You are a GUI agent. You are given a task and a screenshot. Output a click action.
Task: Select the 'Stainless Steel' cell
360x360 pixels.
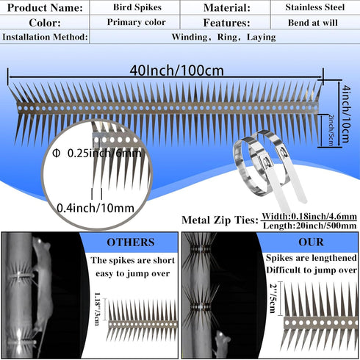315,7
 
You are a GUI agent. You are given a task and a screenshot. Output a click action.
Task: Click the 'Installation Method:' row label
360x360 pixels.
45,37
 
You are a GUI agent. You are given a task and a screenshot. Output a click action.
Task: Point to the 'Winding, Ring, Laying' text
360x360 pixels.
223,37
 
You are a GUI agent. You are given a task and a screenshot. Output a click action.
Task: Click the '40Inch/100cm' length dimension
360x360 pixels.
176,71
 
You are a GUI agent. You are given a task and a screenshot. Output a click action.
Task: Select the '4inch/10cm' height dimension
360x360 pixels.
345,114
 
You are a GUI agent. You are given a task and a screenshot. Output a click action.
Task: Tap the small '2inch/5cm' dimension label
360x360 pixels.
331,130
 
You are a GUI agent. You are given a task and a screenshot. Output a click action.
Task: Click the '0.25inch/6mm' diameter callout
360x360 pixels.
97,154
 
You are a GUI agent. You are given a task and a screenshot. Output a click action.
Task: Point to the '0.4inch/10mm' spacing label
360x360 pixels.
96,208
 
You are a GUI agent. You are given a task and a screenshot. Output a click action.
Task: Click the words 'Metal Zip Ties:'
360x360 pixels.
220,220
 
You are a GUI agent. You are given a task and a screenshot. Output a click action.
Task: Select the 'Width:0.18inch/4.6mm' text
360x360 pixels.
309,216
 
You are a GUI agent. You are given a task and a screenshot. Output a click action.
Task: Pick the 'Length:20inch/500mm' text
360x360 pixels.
309,226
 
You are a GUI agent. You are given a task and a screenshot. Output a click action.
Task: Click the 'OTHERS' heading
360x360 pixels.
131,242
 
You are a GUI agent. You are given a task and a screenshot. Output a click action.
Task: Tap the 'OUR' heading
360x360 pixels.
311,242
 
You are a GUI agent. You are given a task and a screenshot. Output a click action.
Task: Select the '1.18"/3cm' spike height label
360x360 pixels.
97,309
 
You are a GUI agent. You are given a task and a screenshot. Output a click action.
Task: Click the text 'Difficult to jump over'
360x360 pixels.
312,270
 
